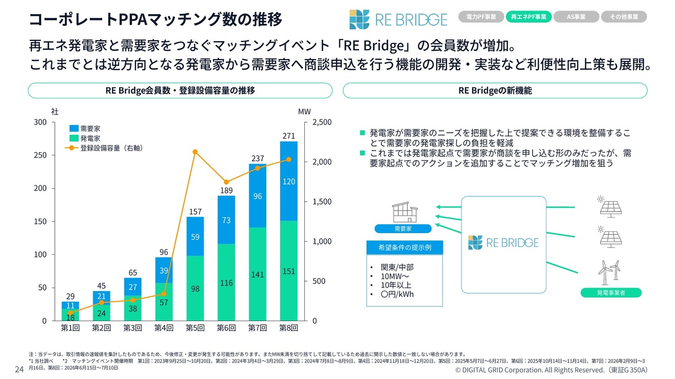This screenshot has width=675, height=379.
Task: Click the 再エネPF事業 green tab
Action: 528,17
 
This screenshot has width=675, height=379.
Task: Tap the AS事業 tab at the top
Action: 576,17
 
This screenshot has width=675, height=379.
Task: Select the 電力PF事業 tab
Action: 481,17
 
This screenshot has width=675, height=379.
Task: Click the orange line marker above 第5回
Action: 195,152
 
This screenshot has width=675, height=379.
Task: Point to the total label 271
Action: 288,136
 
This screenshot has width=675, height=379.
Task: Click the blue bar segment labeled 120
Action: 288,181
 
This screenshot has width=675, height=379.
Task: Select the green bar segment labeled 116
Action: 226,282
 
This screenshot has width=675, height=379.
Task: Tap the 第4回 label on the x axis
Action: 164,328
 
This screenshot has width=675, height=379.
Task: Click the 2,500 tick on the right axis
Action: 322,122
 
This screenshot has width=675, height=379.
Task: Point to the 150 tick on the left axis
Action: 40,222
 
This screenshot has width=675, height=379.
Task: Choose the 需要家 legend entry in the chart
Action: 85,128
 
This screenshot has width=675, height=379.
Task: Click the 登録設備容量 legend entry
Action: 104,148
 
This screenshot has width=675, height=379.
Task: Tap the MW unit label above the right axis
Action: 304,112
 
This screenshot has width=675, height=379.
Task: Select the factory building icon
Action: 404,212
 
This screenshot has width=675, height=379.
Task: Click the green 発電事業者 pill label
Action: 611,293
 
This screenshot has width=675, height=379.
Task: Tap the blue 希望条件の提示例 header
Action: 404,247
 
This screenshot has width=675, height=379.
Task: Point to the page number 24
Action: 20,369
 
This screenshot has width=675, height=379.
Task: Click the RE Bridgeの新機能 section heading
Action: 495,91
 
